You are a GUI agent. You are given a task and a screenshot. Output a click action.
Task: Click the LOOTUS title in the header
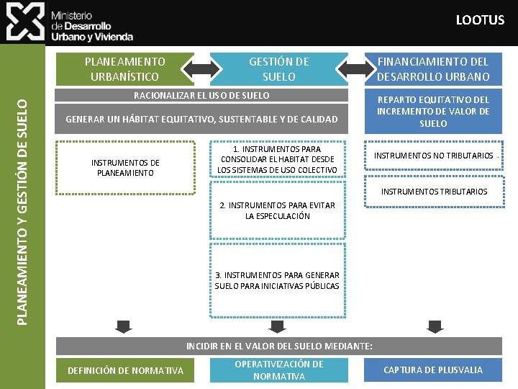click(x=480, y=20)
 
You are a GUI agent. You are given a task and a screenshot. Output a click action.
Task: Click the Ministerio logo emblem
click(x=25, y=22)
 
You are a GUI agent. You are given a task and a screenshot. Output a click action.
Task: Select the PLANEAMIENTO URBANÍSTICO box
click(x=124, y=69)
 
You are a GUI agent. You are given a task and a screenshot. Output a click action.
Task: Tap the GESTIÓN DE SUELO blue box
click(x=278, y=69)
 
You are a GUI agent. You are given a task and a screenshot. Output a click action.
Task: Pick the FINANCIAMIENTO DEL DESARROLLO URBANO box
click(x=432, y=69)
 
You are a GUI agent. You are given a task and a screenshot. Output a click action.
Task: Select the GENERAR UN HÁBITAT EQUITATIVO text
click(x=201, y=119)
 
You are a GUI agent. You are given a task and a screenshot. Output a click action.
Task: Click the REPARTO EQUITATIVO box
click(x=433, y=112)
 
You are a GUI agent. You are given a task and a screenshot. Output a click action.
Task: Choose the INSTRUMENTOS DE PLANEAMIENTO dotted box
click(x=125, y=168)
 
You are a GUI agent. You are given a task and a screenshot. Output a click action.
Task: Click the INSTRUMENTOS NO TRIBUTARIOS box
click(x=433, y=156)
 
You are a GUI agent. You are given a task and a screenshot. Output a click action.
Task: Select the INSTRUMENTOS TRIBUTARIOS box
click(x=433, y=192)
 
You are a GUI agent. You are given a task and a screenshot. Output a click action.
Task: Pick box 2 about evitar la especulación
click(x=278, y=210)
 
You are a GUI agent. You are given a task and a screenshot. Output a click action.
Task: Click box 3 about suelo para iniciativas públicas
click(x=278, y=280)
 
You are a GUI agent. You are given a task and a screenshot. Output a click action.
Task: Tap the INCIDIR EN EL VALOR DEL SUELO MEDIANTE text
click(x=279, y=346)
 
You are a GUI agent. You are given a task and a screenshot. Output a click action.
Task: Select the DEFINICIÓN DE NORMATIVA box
click(x=125, y=370)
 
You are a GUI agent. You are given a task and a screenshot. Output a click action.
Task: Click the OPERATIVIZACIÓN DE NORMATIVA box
click(x=279, y=370)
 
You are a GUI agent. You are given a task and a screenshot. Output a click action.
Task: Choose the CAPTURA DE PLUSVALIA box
click(x=433, y=370)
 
